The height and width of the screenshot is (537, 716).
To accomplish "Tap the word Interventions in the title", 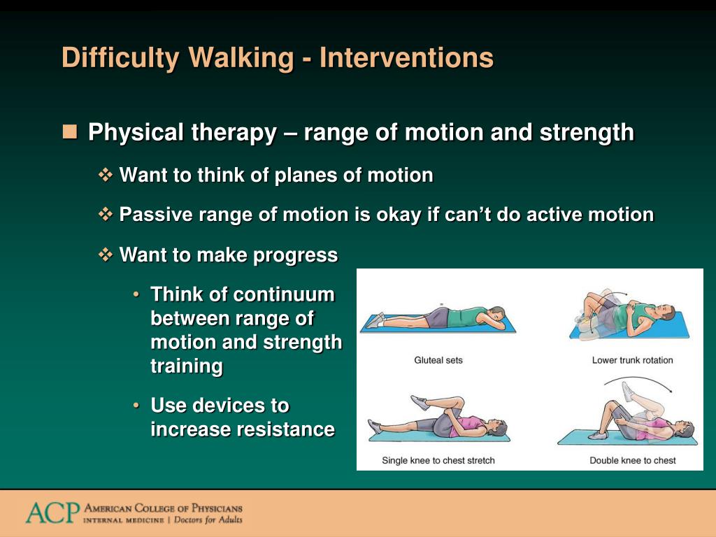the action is click(x=406, y=57).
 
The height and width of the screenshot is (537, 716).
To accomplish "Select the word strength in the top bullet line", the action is click(x=587, y=133).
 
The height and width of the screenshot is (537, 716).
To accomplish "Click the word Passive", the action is click(x=155, y=215).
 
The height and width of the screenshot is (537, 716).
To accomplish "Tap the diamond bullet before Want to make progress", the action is click(x=106, y=255).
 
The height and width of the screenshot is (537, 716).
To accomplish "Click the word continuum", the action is click(x=284, y=294).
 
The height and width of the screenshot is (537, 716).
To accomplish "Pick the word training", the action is click(x=186, y=366).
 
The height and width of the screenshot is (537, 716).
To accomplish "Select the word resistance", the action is click(x=285, y=429).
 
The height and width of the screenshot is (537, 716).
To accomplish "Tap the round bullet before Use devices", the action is click(x=136, y=406).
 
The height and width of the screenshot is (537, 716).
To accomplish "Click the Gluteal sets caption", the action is click(x=438, y=360).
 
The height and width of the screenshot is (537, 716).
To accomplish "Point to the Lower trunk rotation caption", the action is click(x=632, y=360).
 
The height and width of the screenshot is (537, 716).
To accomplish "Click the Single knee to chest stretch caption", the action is click(x=438, y=460).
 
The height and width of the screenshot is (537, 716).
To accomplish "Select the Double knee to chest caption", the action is click(x=632, y=460).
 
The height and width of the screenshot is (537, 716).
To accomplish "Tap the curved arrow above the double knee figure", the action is click(x=638, y=379).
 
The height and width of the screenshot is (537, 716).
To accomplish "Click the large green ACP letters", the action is click(x=52, y=513).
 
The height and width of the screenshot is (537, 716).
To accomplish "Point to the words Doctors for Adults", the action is click(x=208, y=520).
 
